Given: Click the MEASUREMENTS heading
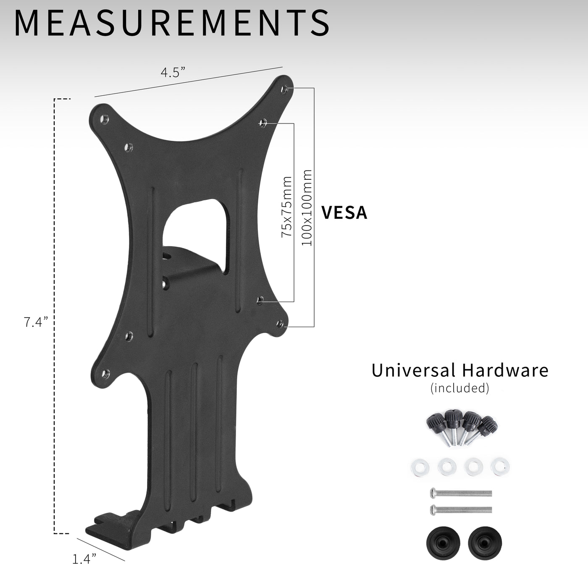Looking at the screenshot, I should (x=171, y=24).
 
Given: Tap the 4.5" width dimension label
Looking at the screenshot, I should (x=173, y=72).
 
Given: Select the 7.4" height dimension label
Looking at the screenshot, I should (x=36, y=323).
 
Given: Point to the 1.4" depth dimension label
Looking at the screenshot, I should (x=84, y=559).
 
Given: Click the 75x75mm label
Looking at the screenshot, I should (x=287, y=207).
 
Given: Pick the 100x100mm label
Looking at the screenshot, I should (x=307, y=207).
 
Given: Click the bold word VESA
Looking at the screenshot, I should (x=344, y=213).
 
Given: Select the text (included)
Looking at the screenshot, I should (x=459, y=388).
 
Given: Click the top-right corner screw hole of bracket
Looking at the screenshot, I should (x=284, y=89).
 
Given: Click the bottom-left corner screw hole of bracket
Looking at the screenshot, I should (x=105, y=372).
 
